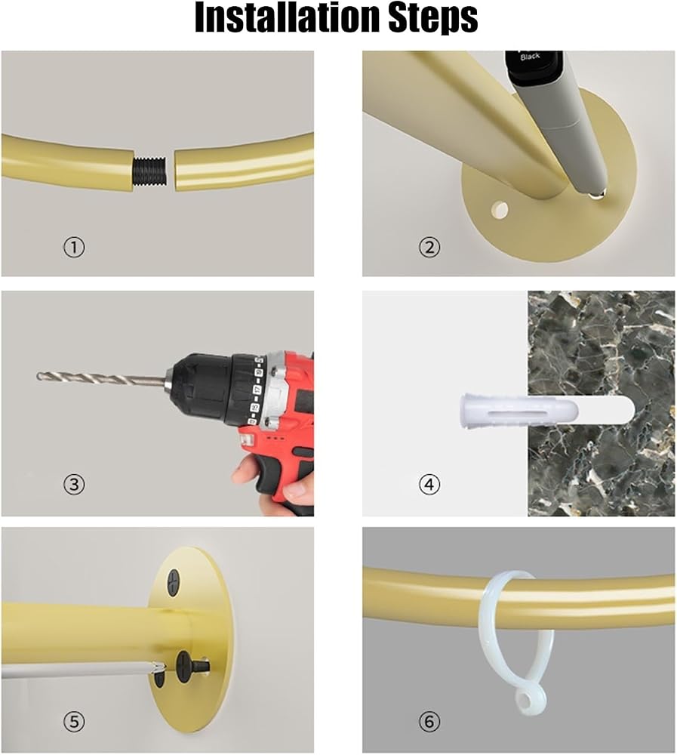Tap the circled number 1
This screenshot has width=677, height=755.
(x=74, y=248)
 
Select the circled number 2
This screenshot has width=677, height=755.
(x=429, y=248)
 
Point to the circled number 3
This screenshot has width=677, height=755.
(x=74, y=483)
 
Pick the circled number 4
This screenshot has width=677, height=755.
(x=429, y=483)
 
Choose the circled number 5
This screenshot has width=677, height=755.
(x=74, y=721)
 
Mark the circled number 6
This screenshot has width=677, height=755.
(x=429, y=721)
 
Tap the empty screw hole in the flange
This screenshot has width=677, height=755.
(x=500, y=210)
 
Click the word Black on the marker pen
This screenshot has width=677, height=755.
(x=530, y=57)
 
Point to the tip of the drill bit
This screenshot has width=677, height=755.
(x=38, y=375)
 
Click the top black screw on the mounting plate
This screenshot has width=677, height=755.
(x=174, y=581)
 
